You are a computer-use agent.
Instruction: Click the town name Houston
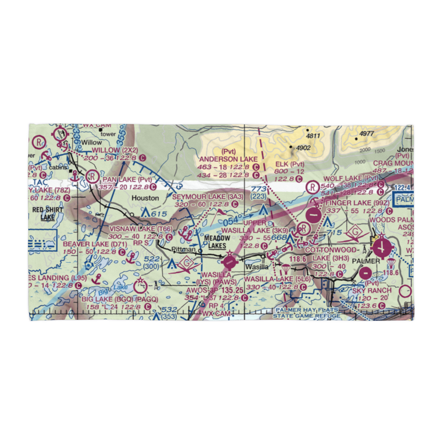click(x=146, y=198)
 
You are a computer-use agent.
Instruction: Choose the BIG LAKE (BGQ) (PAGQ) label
click(x=119, y=299)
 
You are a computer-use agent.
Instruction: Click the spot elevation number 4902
click(x=304, y=148)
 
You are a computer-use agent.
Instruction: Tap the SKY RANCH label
click(x=372, y=291)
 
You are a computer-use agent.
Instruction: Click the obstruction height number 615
click(x=159, y=214)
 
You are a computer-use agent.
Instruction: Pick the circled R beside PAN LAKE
click(x=93, y=177)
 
